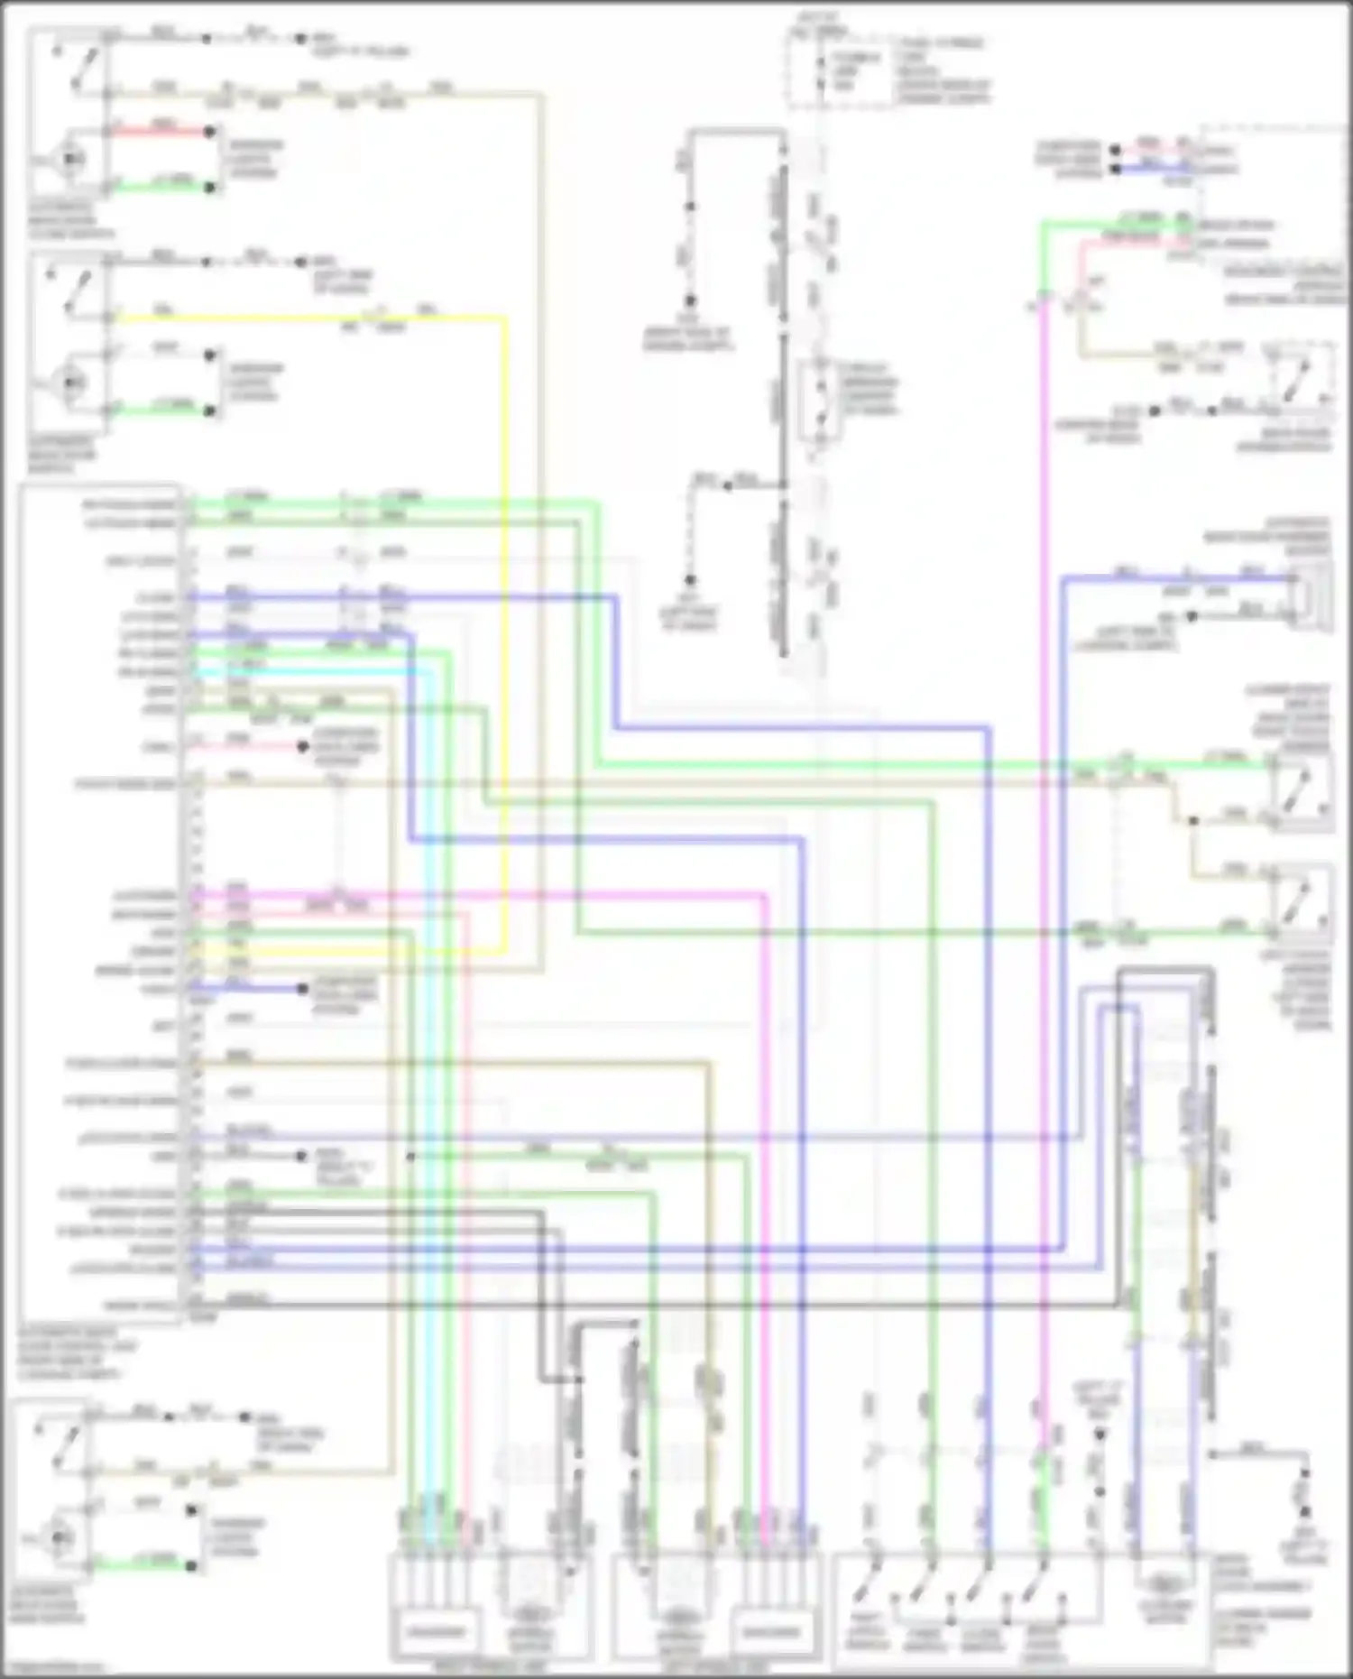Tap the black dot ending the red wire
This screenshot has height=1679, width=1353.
pos(209,132)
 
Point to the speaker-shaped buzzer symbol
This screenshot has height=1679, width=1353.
pos(1309,591)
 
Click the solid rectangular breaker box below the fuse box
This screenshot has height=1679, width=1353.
pos(819,401)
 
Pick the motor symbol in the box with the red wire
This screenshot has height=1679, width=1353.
pos(70,160)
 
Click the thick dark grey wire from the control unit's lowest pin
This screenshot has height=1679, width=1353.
pos(631,1305)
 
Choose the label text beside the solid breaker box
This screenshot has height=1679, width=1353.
pos(866,388)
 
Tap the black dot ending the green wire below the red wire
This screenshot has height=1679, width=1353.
pos(210,188)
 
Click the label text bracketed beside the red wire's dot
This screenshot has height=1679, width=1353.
pos(253,159)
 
